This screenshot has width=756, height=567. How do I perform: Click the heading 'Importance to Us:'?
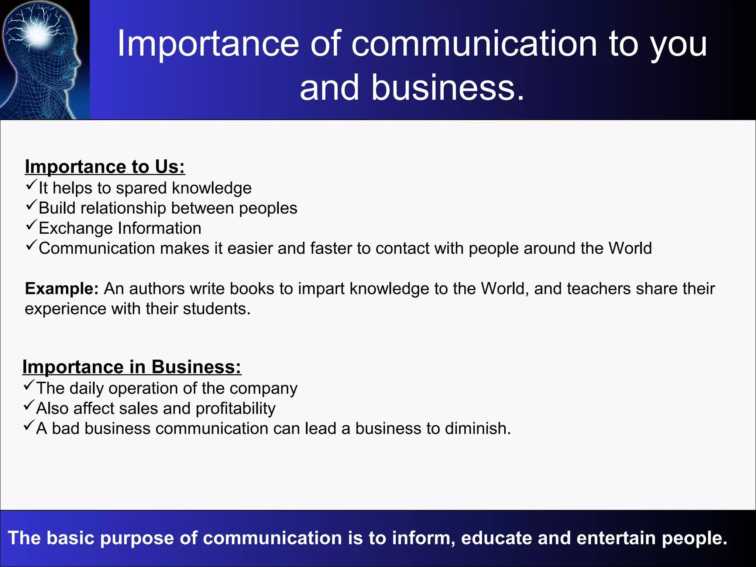[x=105, y=167]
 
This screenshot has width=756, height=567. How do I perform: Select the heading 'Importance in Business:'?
[x=132, y=367]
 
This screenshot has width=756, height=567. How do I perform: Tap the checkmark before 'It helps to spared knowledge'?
[x=31, y=184]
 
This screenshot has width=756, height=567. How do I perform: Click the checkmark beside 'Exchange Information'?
[x=31, y=224]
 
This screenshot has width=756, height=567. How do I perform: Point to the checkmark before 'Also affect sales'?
[x=29, y=405]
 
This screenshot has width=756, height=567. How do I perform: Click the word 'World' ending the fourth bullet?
[x=630, y=248]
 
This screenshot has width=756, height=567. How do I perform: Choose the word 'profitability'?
[x=236, y=409]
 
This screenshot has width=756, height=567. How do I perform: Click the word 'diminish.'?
[x=478, y=429]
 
